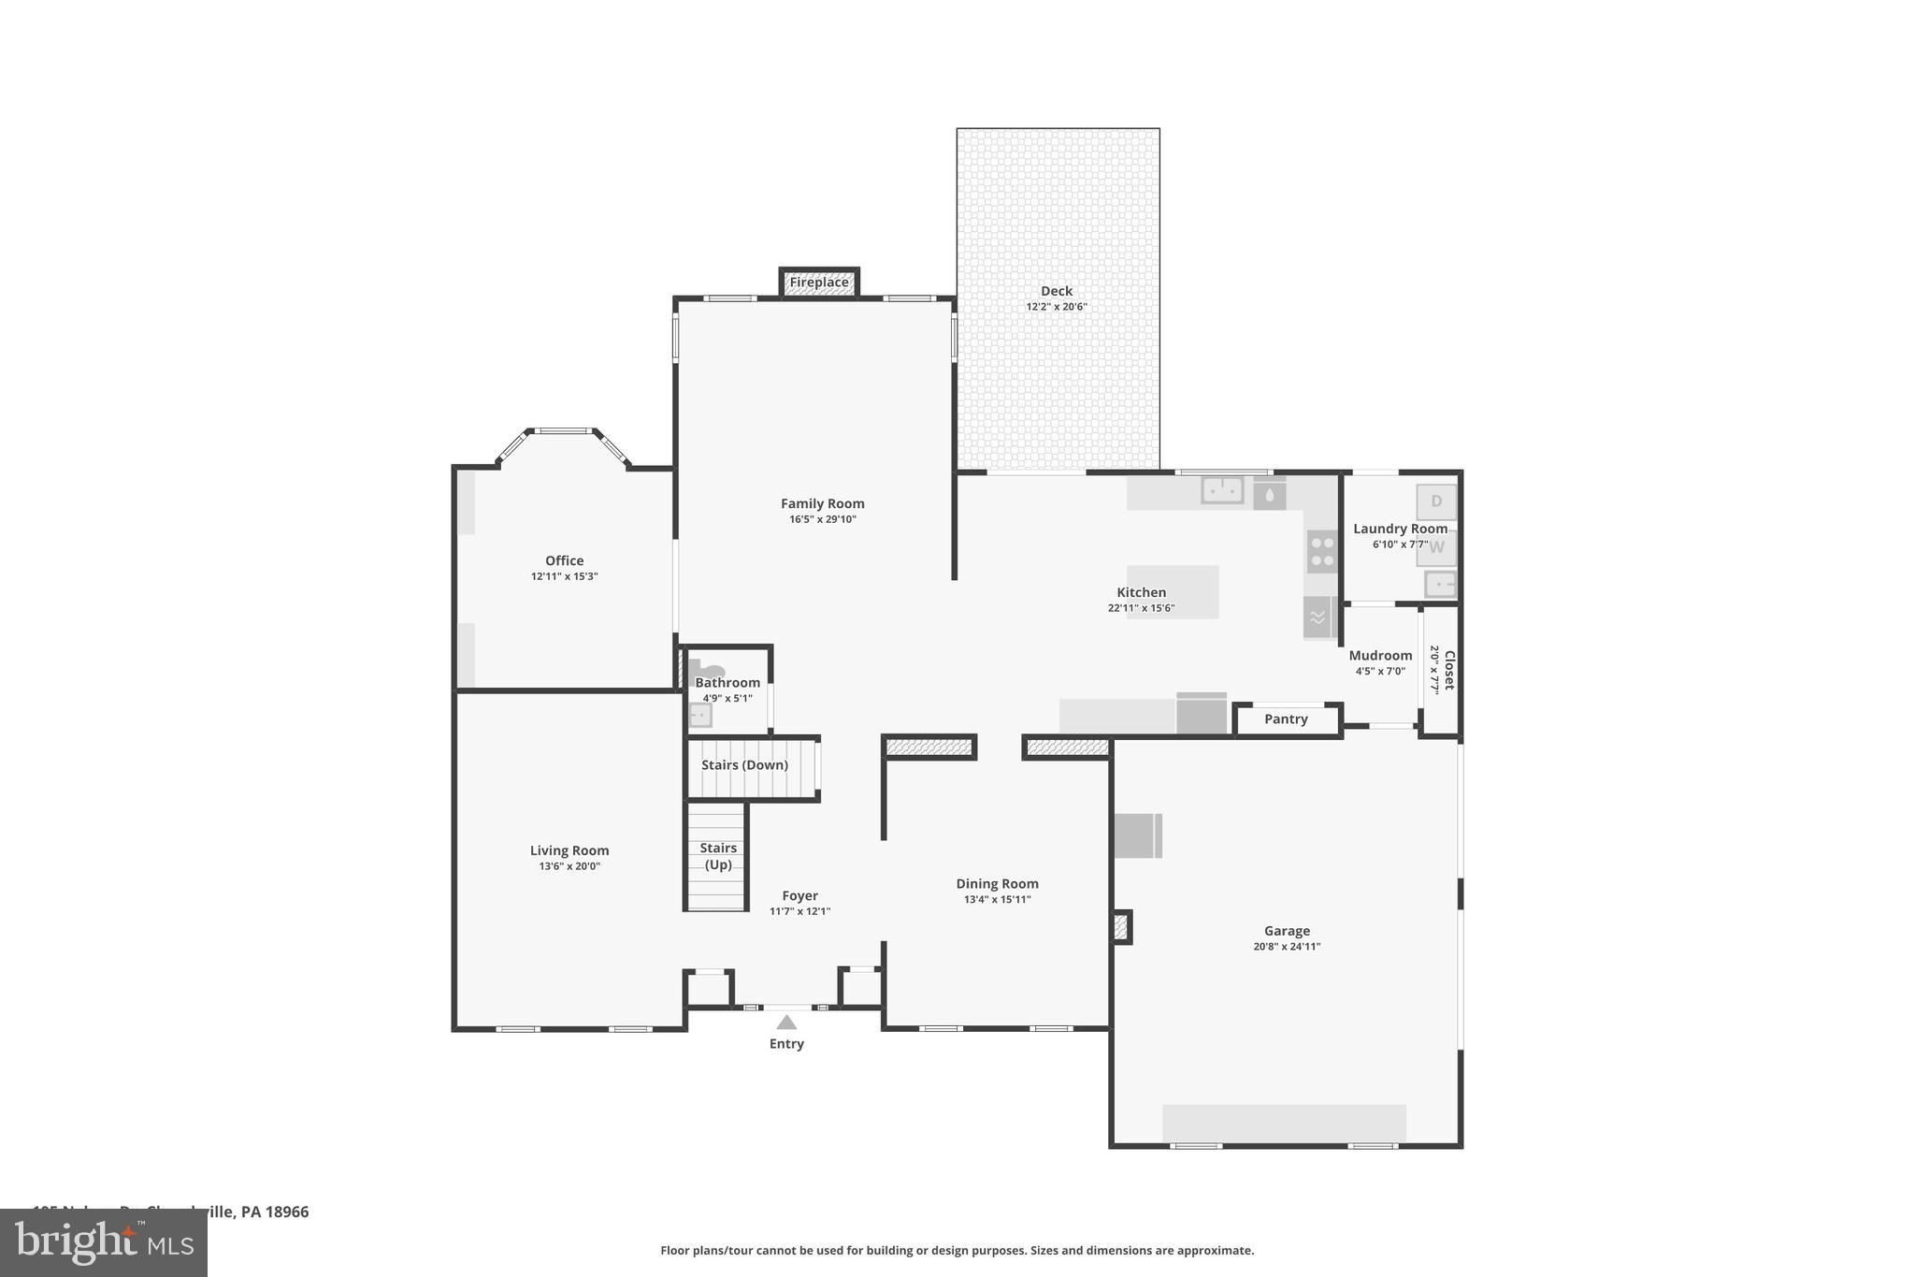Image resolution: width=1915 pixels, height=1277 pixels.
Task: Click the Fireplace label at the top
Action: pyautogui.click(x=819, y=283)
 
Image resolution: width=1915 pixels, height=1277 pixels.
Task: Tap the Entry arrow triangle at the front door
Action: pyautogui.click(x=786, y=1023)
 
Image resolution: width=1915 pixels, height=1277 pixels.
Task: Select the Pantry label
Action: pyautogui.click(x=1286, y=719)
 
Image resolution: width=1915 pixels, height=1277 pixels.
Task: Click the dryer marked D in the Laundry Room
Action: pyautogui.click(x=1436, y=501)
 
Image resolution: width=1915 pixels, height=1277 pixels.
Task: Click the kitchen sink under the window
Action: pyautogui.click(x=1222, y=490)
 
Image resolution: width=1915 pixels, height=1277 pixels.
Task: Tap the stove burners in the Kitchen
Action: pyautogui.click(x=1322, y=552)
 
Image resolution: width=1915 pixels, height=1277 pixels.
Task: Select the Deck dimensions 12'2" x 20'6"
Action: pyautogui.click(x=1057, y=307)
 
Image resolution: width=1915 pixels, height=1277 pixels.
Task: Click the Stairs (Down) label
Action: pyautogui.click(x=744, y=765)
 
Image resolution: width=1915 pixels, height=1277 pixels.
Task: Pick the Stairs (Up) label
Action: pyautogui.click(x=718, y=856)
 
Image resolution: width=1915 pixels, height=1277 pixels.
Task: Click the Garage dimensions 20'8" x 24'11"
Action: pyautogui.click(x=1287, y=947)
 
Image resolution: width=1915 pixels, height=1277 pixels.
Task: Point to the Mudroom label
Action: pyautogui.click(x=1380, y=656)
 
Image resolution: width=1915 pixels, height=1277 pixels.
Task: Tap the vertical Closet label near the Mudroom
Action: pyautogui.click(x=1449, y=670)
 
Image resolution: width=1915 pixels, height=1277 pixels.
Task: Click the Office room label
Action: pyautogui.click(x=564, y=561)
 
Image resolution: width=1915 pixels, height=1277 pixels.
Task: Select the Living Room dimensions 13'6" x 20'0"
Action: pyautogui.click(x=569, y=866)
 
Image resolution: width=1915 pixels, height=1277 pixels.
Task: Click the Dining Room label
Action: pyautogui.click(x=997, y=884)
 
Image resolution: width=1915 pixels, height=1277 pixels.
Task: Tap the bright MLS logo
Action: pyautogui.click(x=104, y=1243)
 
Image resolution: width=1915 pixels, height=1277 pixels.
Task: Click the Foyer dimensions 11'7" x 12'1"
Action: pyautogui.click(x=799, y=911)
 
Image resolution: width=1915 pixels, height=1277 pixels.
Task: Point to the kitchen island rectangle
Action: pyautogui.click(x=1173, y=591)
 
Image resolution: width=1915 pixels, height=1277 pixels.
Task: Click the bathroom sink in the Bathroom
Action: pyautogui.click(x=699, y=716)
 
